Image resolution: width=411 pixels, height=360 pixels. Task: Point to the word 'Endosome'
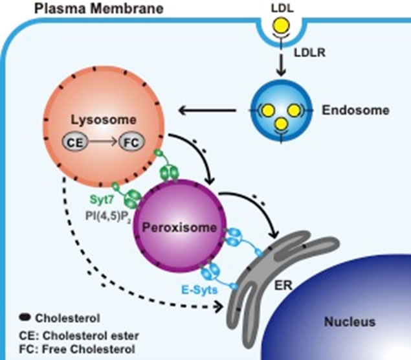coord(355,110)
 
